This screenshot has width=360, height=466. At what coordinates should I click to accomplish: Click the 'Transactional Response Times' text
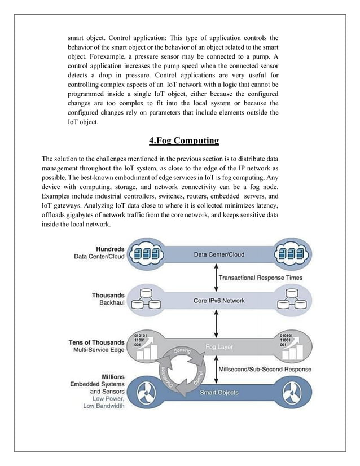[x=260, y=278]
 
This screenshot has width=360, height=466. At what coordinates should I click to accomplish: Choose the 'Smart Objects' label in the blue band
[x=219, y=392]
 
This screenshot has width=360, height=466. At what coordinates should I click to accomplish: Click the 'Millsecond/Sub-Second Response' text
[x=264, y=369]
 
